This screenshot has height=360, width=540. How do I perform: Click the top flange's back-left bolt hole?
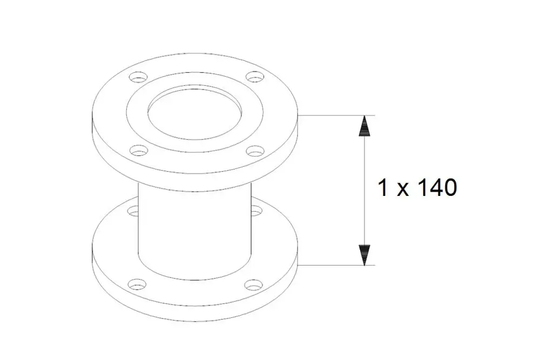pos(138,77)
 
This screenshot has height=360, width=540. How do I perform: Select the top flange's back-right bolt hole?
pos(255,77)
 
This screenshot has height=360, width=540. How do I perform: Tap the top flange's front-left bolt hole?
pos(138,151)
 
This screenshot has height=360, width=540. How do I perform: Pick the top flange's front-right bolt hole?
pos(255,151)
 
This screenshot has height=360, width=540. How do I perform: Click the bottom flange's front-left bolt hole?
pos(137,284)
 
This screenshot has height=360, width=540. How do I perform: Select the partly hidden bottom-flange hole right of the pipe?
pos(256,209)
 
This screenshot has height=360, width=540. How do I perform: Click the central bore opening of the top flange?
pos(195,113)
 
